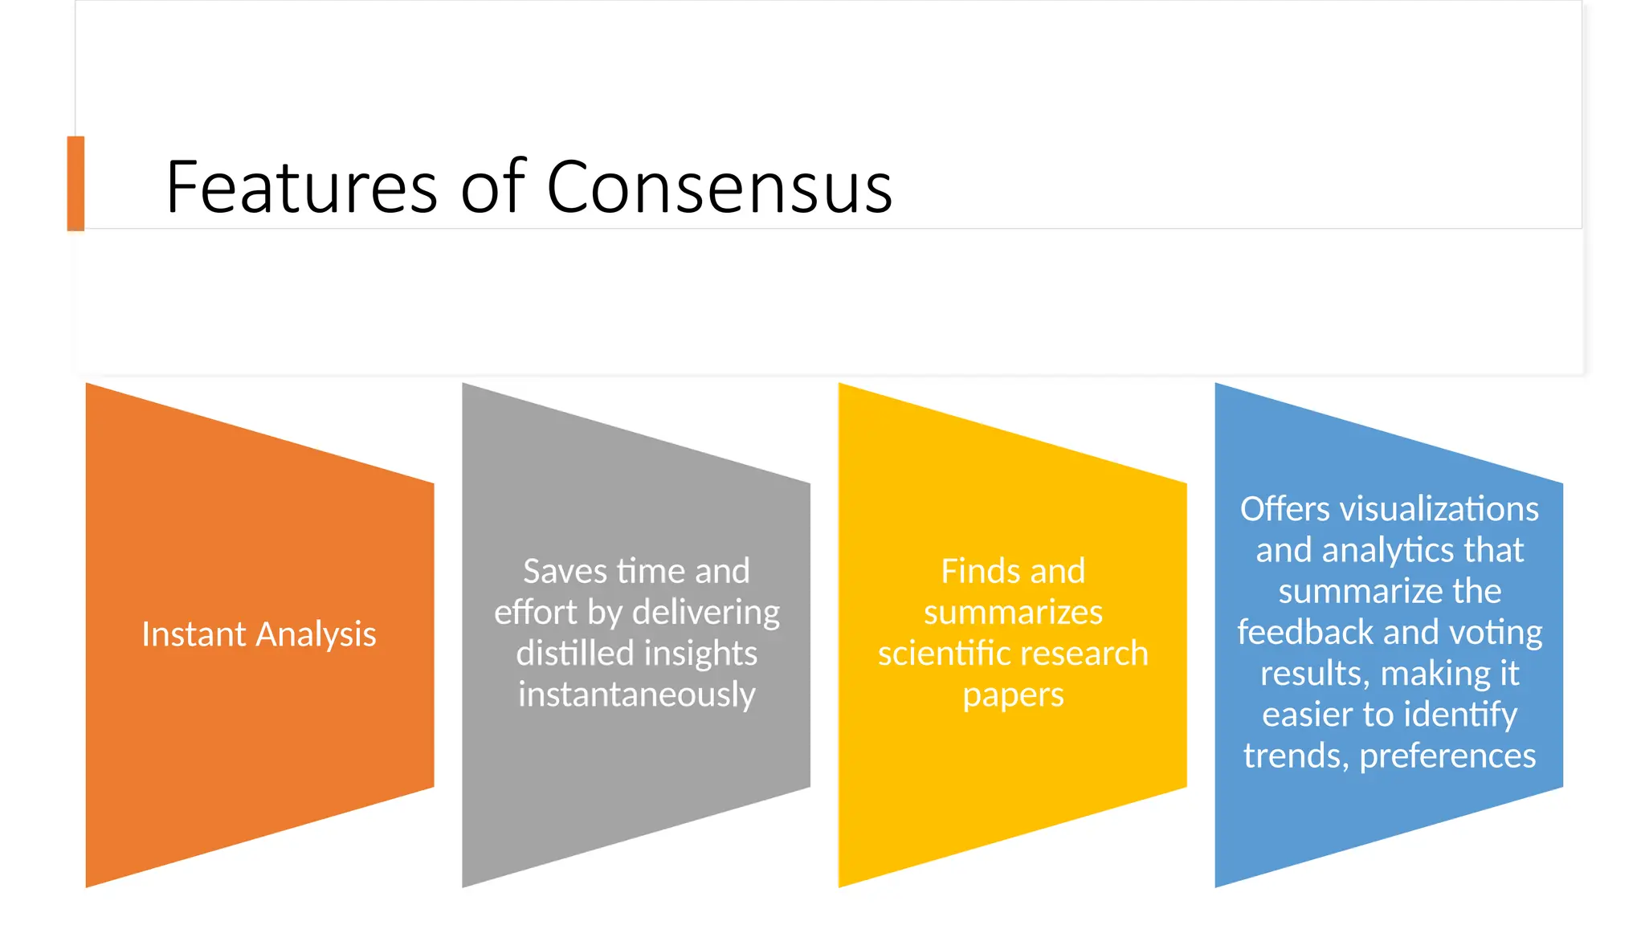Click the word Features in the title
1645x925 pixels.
(300, 187)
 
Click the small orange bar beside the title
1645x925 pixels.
(76, 183)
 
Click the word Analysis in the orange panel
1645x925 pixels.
(316, 634)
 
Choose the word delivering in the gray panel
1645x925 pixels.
(705, 613)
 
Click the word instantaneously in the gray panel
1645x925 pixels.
(636, 695)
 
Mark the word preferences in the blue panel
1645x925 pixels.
(1447, 756)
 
